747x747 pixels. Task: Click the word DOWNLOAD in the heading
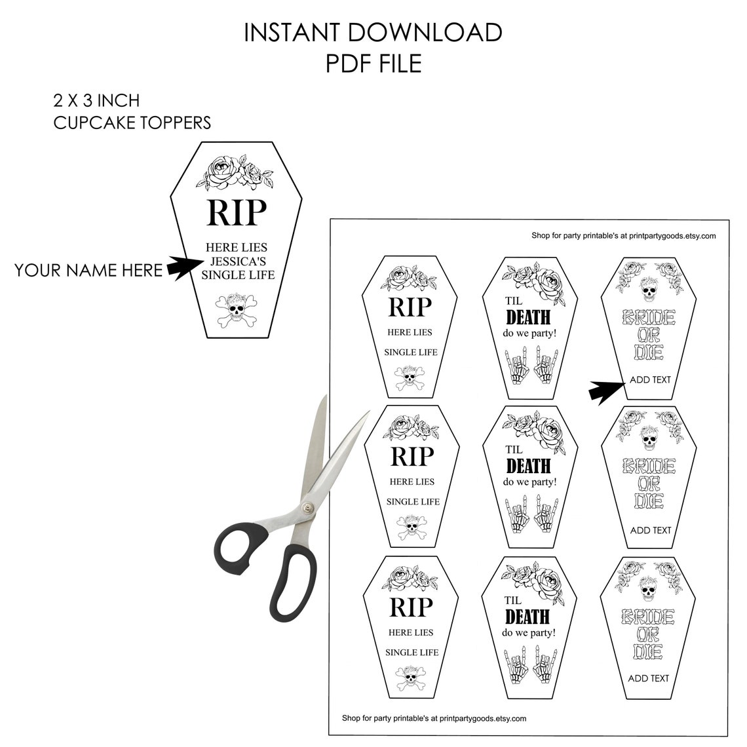pos(425,33)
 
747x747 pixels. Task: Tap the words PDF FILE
pos(373,64)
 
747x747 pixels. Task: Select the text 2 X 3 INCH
pos(97,100)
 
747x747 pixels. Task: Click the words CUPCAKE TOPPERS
pos(132,123)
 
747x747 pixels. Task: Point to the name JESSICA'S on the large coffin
pos(239,261)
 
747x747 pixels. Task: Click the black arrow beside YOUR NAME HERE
pos(184,268)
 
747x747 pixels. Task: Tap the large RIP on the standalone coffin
pos(237,212)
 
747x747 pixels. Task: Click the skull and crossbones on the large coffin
pos(237,310)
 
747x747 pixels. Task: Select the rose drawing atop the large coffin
pos(235,172)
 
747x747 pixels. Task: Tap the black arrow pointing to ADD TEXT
pos(607,392)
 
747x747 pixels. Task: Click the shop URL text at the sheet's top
pos(624,235)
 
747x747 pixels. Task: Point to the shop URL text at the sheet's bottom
pos(434,718)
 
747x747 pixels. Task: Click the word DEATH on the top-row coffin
pos(528,317)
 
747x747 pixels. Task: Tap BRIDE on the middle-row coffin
pos(649,465)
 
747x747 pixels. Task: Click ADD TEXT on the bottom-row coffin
pos(649,678)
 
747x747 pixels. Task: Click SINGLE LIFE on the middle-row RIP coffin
pos(413,502)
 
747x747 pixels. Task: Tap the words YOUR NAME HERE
pos(88,270)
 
